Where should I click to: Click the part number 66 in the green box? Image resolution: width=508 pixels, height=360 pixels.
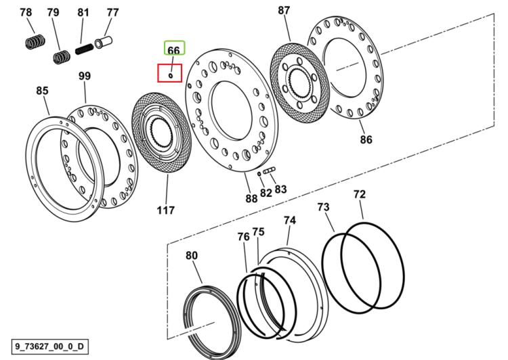point(173,51)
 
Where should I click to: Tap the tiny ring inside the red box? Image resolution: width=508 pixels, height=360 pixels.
point(171,76)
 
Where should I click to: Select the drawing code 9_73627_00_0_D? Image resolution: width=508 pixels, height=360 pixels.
point(49,346)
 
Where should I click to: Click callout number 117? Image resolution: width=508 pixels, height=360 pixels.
point(166,210)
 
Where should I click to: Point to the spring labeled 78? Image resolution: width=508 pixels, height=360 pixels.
point(35,41)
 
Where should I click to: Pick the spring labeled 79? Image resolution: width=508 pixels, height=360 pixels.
point(62,57)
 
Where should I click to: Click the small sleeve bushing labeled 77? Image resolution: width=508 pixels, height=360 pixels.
point(104,42)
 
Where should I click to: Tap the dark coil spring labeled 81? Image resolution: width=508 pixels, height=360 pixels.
point(84,49)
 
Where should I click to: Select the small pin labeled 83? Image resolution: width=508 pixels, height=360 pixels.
point(269,171)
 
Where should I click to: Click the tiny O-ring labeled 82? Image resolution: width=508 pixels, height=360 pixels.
point(259,174)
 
